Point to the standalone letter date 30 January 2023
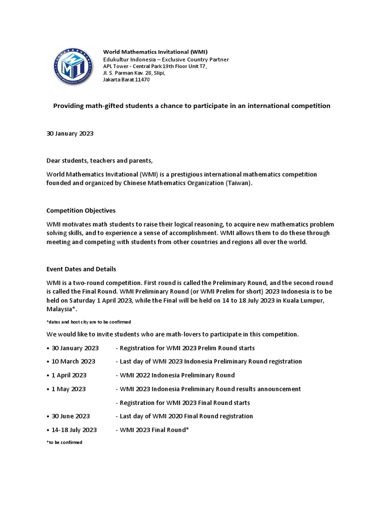(x=70, y=134)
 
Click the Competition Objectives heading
(x=80, y=210)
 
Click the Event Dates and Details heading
(x=81, y=269)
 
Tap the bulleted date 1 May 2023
(x=68, y=388)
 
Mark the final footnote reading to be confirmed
(x=64, y=442)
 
